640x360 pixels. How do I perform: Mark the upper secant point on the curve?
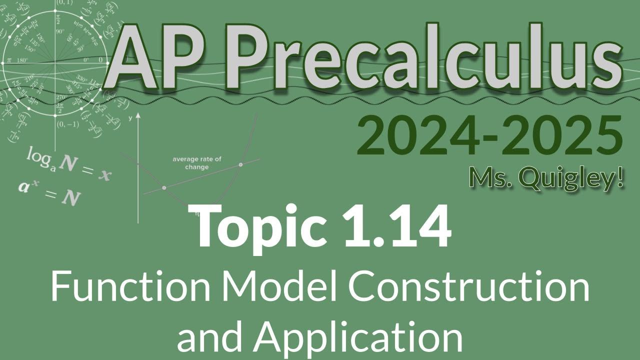(241, 164)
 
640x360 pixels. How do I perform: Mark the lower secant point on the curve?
(164, 187)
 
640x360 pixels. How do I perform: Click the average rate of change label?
(197, 163)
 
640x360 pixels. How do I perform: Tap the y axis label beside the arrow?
(130, 118)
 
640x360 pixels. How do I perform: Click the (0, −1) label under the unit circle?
(67, 124)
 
